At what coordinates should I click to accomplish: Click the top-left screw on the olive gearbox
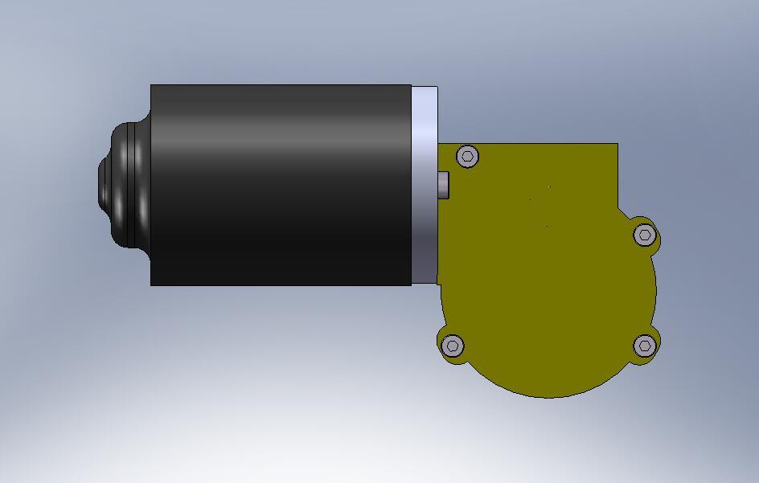point(468,156)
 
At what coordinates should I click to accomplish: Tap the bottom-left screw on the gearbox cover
point(453,346)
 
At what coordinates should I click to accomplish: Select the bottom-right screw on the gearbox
point(645,346)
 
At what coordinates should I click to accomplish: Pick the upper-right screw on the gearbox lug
point(645,235)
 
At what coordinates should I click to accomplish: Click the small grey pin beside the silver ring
point(443,185)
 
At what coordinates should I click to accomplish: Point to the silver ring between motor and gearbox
point(425,185)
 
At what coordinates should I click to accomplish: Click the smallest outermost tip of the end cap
point(101,185)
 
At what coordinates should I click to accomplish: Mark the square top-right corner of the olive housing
point(616,145)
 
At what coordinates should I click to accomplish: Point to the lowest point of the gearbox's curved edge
point(550,396)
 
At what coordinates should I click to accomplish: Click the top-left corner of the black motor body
point(152,86)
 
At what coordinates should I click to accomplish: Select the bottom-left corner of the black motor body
point(152,284)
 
